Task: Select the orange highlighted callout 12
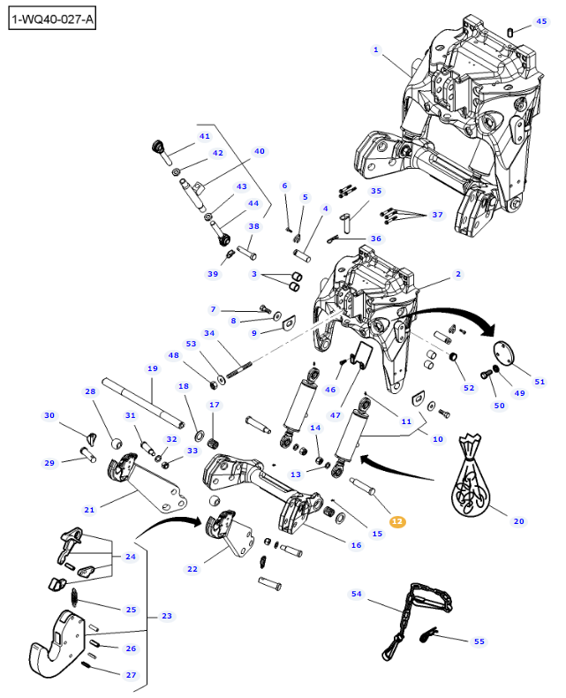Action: point(397,521)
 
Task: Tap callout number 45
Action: point(541,22)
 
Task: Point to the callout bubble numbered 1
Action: point(375,49)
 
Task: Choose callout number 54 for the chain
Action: point(357,595)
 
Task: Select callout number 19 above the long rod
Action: point(152,368)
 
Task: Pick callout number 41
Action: point(204,136)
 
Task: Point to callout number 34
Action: point(209,333)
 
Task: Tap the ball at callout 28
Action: point(115,442)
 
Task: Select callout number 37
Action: point(436,216)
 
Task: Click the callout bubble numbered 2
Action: point(458,274)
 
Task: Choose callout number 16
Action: point(356,545)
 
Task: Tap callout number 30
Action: point(49,415)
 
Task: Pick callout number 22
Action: point(192,570)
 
